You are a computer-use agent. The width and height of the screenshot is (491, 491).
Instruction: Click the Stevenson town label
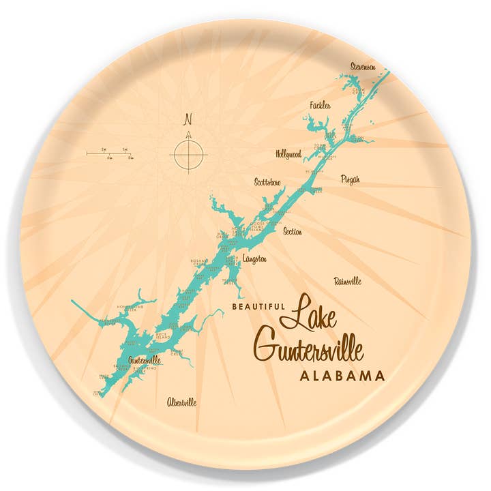pyautogui.click(x=363, y=67)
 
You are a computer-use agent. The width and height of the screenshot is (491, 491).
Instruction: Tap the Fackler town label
pyautogui.click(x=320, y=106)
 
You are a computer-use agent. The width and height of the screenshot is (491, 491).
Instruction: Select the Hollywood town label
pyautogui.click(x=288, y=154)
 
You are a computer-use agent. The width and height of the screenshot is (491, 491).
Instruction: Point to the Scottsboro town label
pyautogui.click(x=267, y=182)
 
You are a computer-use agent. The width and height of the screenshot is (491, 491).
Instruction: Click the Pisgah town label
pyautogui.click(x=350, y=179)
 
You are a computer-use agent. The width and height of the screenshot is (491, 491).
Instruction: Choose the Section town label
pyautogui.click(x=292, y=232)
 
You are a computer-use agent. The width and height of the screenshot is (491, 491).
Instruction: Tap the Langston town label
pyautogui.click(x=254, y=260)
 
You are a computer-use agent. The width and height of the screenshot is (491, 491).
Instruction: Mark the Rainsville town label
pyautogui.click(x=348, y=281)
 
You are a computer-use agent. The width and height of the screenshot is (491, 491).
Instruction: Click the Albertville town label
pyautogui.click(x=181, y=402)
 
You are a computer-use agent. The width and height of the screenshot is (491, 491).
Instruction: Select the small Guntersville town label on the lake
pyautogui.click(x=145, y=359)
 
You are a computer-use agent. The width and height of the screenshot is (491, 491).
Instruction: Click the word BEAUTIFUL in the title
pyautogui.click(x=258, y=308)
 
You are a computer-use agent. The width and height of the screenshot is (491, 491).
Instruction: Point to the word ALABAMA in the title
pyautogui.click(x=342, y=376)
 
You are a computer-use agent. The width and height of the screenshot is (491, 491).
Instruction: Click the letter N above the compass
pyautogui.click(x=188, y=118)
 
